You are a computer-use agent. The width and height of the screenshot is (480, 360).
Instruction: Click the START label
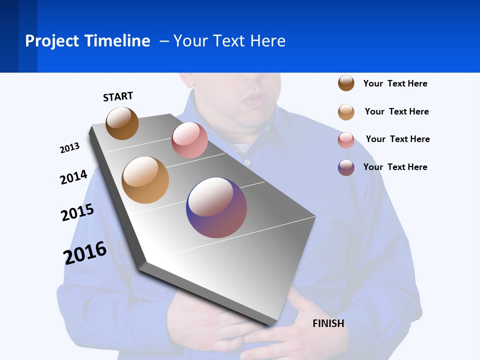118,96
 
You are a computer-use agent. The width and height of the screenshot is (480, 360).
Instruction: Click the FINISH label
328,323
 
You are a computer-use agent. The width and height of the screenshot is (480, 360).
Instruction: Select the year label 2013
69,147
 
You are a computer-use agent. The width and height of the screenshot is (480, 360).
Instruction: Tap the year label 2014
73,177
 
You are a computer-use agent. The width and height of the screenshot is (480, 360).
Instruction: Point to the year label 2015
77,212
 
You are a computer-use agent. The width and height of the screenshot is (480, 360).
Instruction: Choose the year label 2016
85,252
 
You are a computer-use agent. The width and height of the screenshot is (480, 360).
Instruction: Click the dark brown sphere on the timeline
122,123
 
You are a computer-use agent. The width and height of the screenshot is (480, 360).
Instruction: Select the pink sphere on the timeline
189,140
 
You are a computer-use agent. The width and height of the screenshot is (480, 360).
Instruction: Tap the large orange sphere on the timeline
145,180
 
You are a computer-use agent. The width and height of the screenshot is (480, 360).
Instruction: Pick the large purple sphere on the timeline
216,207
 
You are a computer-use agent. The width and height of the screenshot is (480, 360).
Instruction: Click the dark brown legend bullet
346,83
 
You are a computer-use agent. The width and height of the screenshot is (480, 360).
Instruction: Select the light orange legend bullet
346,112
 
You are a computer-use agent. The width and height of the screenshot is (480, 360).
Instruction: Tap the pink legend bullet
346,140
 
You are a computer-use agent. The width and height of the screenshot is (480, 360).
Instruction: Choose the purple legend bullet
346,167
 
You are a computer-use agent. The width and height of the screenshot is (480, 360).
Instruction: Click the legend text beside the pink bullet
397,139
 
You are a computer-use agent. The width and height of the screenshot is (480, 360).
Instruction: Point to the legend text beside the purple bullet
395,167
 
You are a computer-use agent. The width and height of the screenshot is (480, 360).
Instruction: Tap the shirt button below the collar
247,162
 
